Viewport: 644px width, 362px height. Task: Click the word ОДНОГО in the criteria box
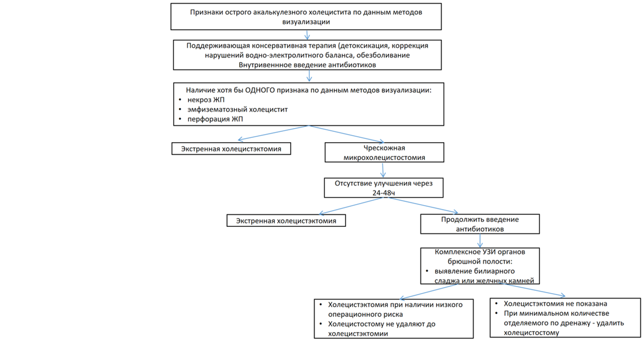pos(259,90)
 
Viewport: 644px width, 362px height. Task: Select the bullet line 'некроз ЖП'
pos(206,100)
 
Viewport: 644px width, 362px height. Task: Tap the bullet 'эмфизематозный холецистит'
pos(238,109)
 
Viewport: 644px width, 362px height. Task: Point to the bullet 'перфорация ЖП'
pos(215,119)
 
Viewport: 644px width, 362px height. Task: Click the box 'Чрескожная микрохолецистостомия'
pos(385,153)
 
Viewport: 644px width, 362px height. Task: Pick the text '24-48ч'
pos(384,193)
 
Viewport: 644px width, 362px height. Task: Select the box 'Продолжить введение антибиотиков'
pos(480,224)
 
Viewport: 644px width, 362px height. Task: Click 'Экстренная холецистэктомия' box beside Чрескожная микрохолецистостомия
pos(231,149)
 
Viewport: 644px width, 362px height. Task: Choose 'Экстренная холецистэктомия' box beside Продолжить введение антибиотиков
pos(286,221)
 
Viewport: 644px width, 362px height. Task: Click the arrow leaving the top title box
pos(307,35)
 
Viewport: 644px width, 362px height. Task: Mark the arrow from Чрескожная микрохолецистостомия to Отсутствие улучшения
pos(383,170)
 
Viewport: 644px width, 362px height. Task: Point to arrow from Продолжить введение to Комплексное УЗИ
pos(480,241)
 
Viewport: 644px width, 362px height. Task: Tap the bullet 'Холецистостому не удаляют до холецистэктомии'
pos(381,329)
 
